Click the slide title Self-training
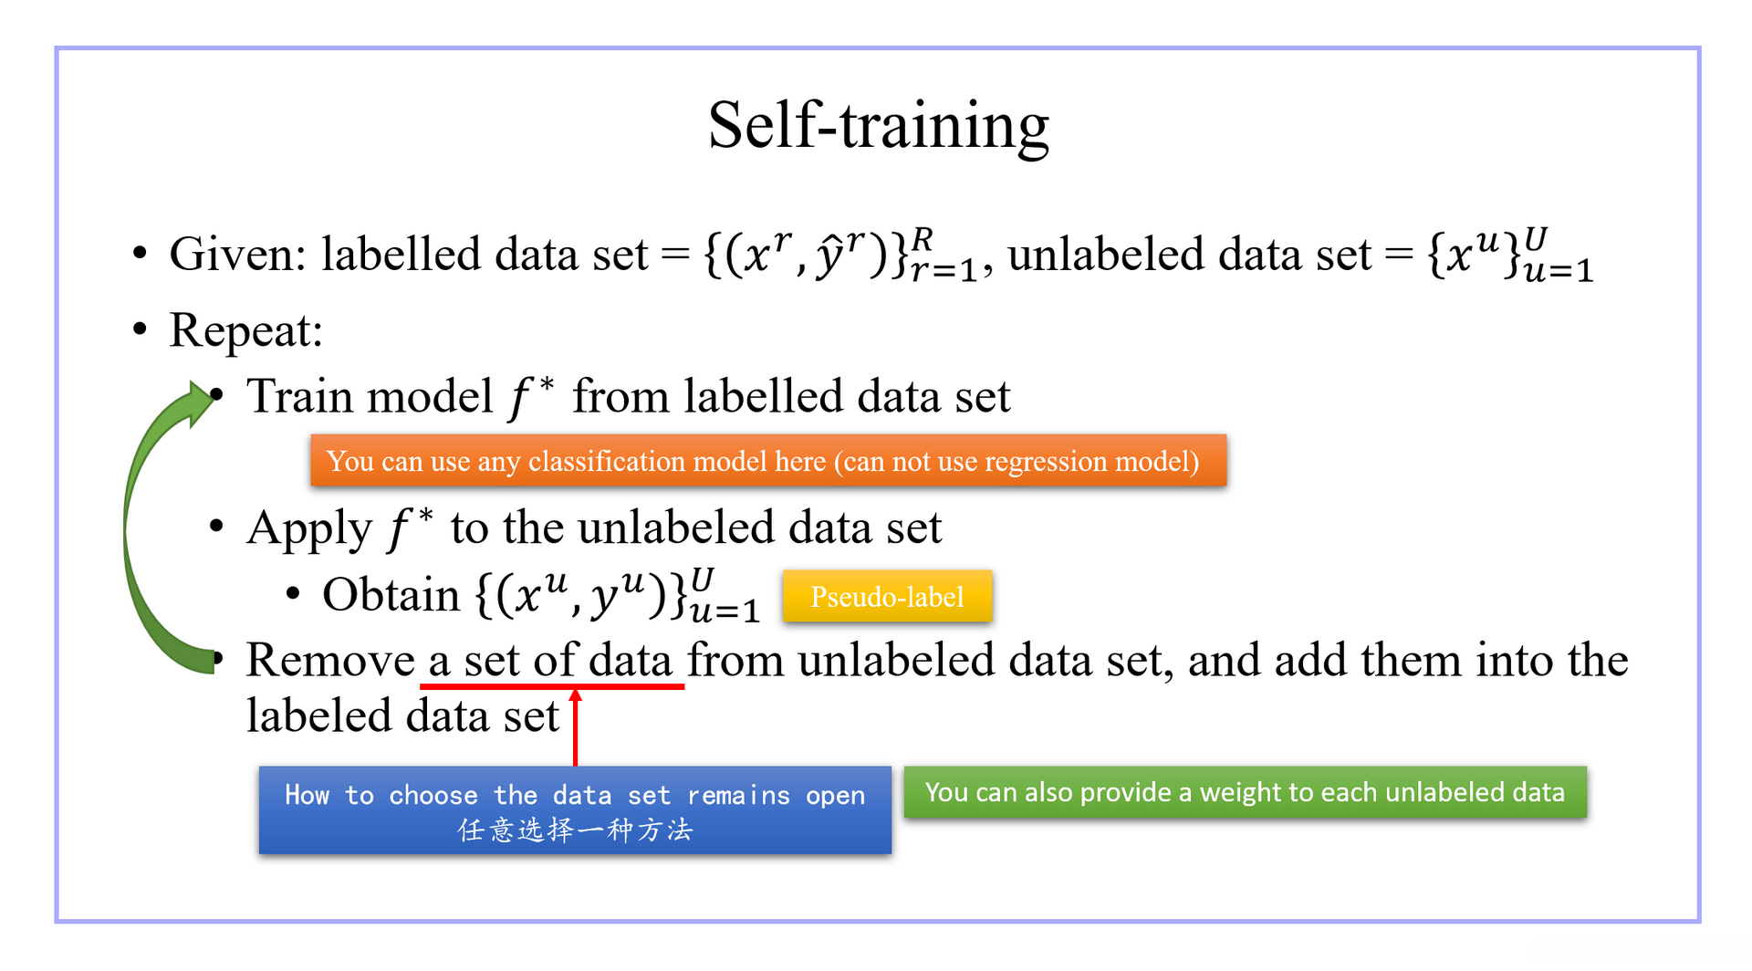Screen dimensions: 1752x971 coord(879,126)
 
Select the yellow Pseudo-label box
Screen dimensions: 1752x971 coord(887,597)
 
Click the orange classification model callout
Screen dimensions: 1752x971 coord(768,461)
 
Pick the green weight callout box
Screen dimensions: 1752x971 coord(1246,792)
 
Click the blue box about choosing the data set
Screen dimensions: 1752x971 coord(575,810)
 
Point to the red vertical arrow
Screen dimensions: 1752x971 coord(575,727)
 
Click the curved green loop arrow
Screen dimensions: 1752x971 coord(137,529)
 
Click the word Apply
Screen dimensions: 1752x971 coord(309,529)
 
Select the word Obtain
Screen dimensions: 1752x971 coord(391,595)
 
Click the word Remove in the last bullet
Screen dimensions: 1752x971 coord(330,660)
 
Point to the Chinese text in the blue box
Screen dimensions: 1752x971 coord(575,830)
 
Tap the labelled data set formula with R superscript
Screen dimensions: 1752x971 coord(840,255)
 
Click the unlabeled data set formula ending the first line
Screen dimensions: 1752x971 coord(1510,255)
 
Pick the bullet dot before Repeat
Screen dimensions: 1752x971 coord(140,328)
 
